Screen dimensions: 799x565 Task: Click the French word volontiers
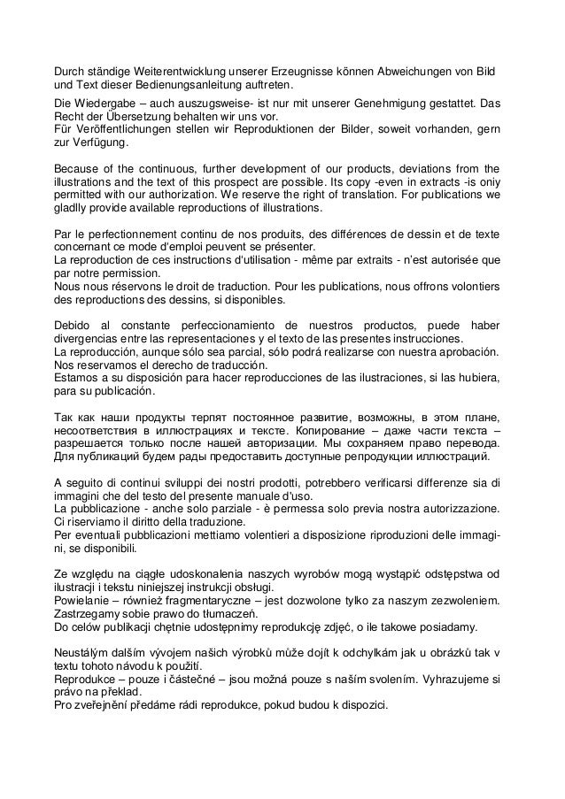pyautogui.click(x=462, y=287)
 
